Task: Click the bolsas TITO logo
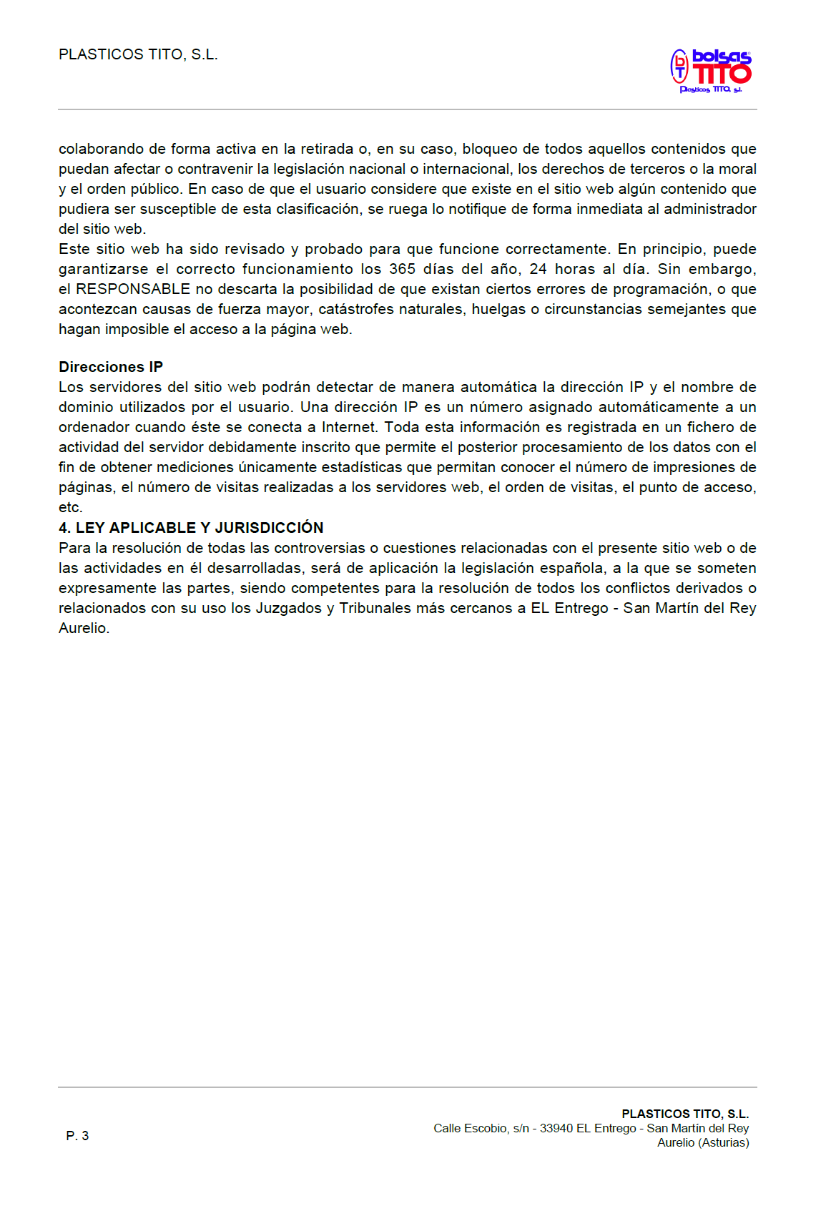[711, 71]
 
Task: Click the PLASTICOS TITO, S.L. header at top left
[138, 54]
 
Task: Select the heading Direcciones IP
[111, 367]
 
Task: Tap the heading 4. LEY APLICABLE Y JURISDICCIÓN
[191, 528]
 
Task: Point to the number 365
[402, 270]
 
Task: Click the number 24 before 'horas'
[538, 270]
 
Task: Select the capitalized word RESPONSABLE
[133, 290]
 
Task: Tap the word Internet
[349, 428]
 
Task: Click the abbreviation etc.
[70, 508]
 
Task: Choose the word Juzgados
[288, 609]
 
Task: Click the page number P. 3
[77, 1136]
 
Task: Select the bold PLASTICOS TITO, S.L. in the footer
[685, 1114]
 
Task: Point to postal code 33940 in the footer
[556, 1128]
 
